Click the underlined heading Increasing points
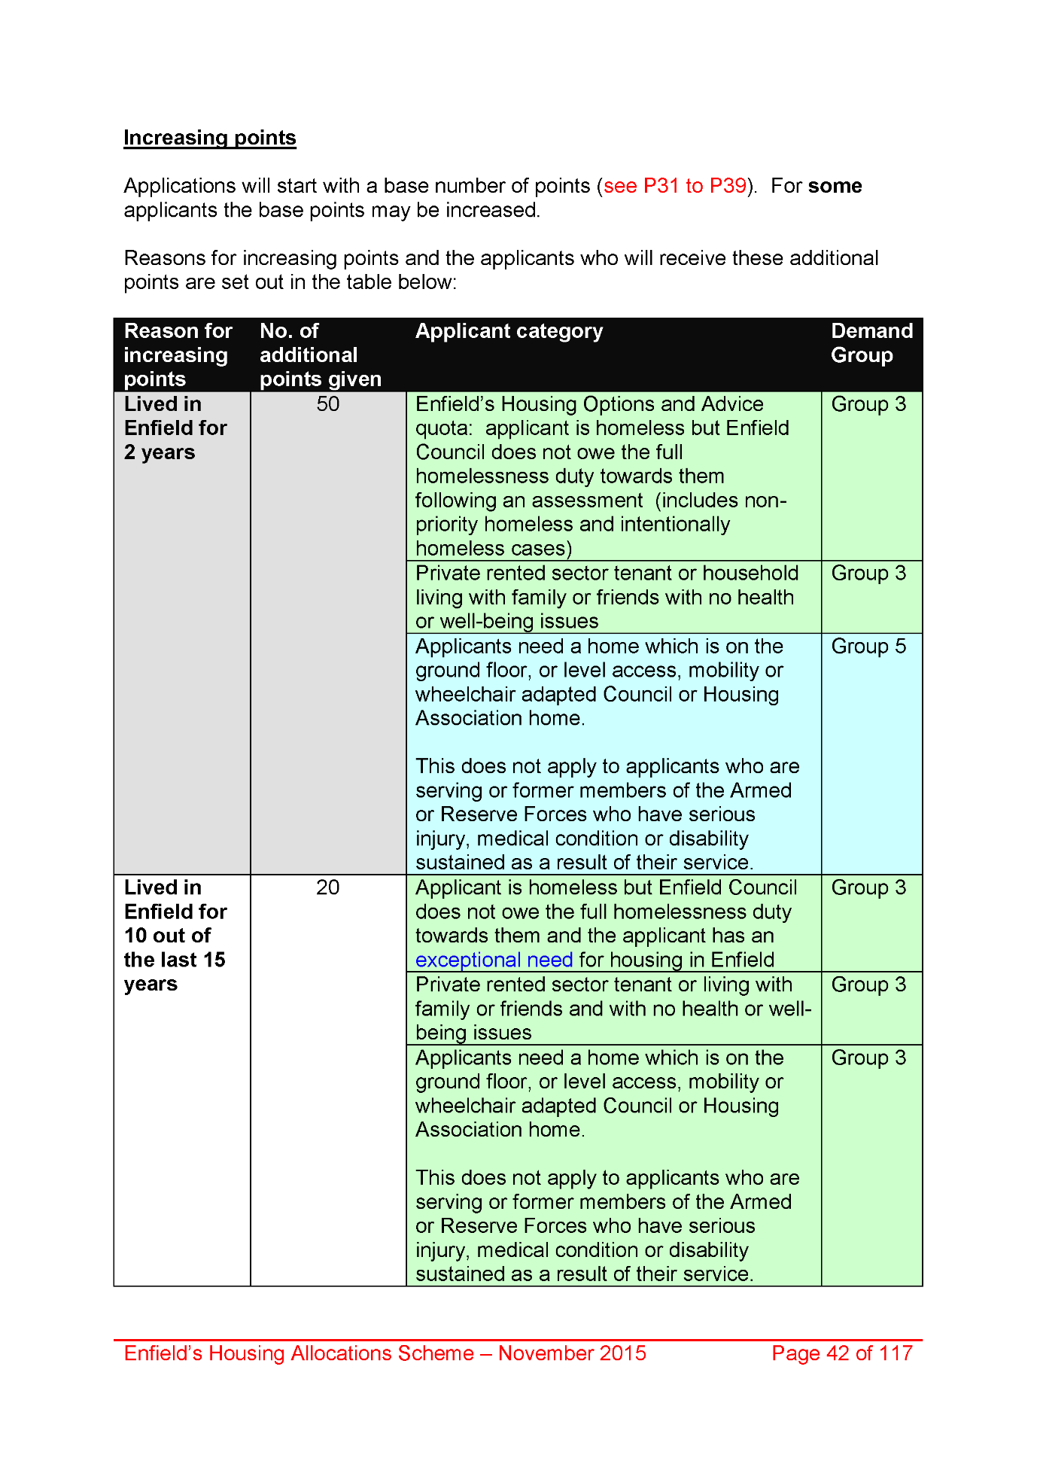point(209,138)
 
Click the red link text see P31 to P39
point(675,186)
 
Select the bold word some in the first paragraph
point(835,186)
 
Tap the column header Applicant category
point(509,331)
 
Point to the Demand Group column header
point(871,343)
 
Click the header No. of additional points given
point(320,355)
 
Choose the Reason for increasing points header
point(178,355)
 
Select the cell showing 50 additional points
point(327,404)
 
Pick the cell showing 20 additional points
point(327,887)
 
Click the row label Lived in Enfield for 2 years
point(175,428)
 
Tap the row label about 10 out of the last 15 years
point(175,936)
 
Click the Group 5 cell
point(868,647)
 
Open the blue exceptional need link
point(494,960)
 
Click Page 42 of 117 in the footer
point(841,1353)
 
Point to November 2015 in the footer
point(572,1353)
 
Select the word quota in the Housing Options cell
point(442,428)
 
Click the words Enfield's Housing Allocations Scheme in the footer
point(299,1353)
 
